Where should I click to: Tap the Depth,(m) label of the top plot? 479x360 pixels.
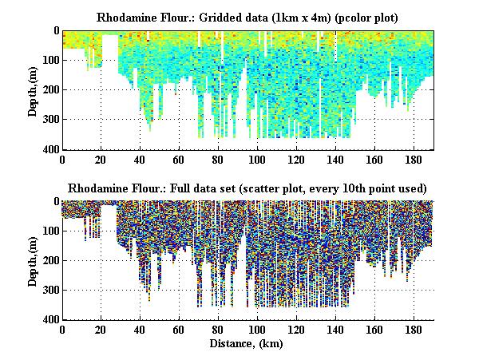34,90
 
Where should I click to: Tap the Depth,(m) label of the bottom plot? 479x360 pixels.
34,261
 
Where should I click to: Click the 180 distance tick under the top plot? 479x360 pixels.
414,159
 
